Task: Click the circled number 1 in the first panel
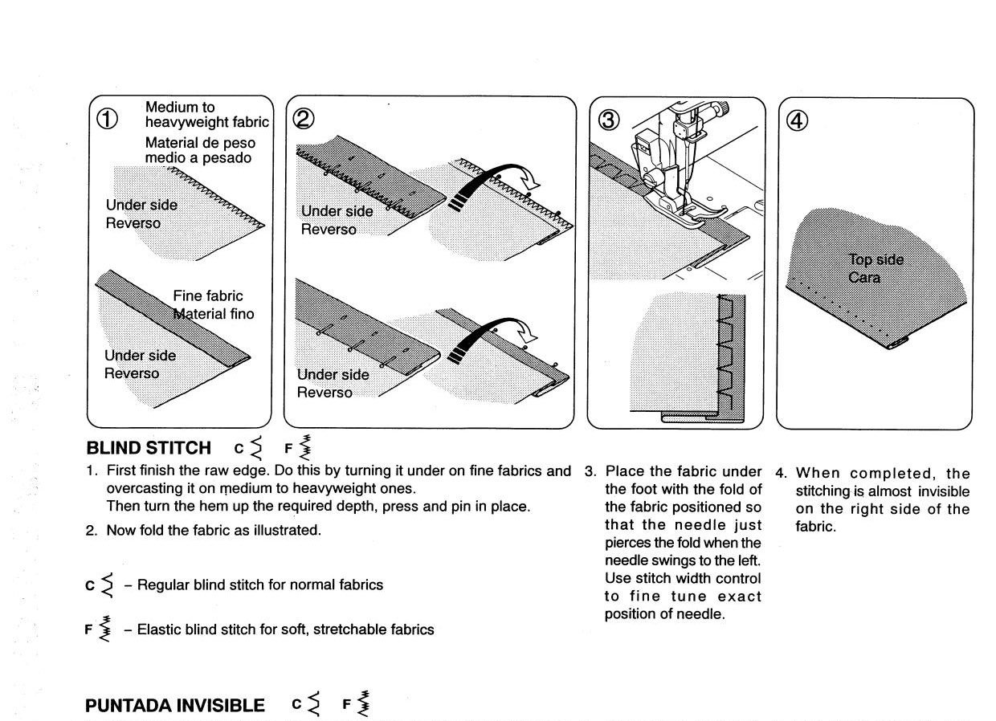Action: click(x=108, y=119)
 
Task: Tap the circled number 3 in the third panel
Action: click(x=609, y=120)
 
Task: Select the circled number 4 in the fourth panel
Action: click(x=797, y=120)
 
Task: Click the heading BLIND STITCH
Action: click(x=149, y=448)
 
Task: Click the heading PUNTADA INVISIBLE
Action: click(x=174, y=706)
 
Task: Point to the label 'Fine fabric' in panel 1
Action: click(x=207, y=295)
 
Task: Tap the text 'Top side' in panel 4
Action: click(x=876, y=259)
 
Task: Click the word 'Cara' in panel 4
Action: click(x=864, y=278)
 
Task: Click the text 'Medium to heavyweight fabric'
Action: click(x=206, y=114)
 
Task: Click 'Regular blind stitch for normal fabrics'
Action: click(x=259, y=585)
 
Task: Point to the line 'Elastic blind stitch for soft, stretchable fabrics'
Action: click(x=285, y=629)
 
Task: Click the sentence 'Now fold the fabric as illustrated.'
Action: click(x=213, y=530)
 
